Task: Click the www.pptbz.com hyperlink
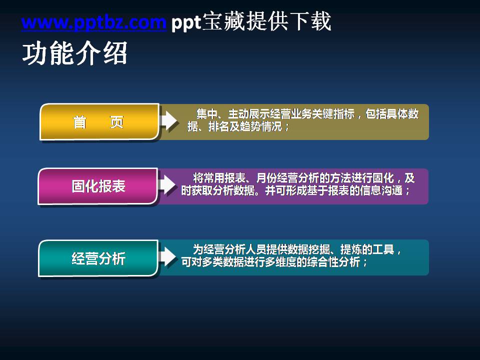coord(93,22)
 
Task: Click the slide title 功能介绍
coord(74,53)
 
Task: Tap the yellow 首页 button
coord(99,122)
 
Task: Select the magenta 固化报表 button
coord(98,186)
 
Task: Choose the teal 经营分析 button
coord(98,258)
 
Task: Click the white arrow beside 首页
coord(168,120)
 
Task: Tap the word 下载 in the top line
coord(315,22)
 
